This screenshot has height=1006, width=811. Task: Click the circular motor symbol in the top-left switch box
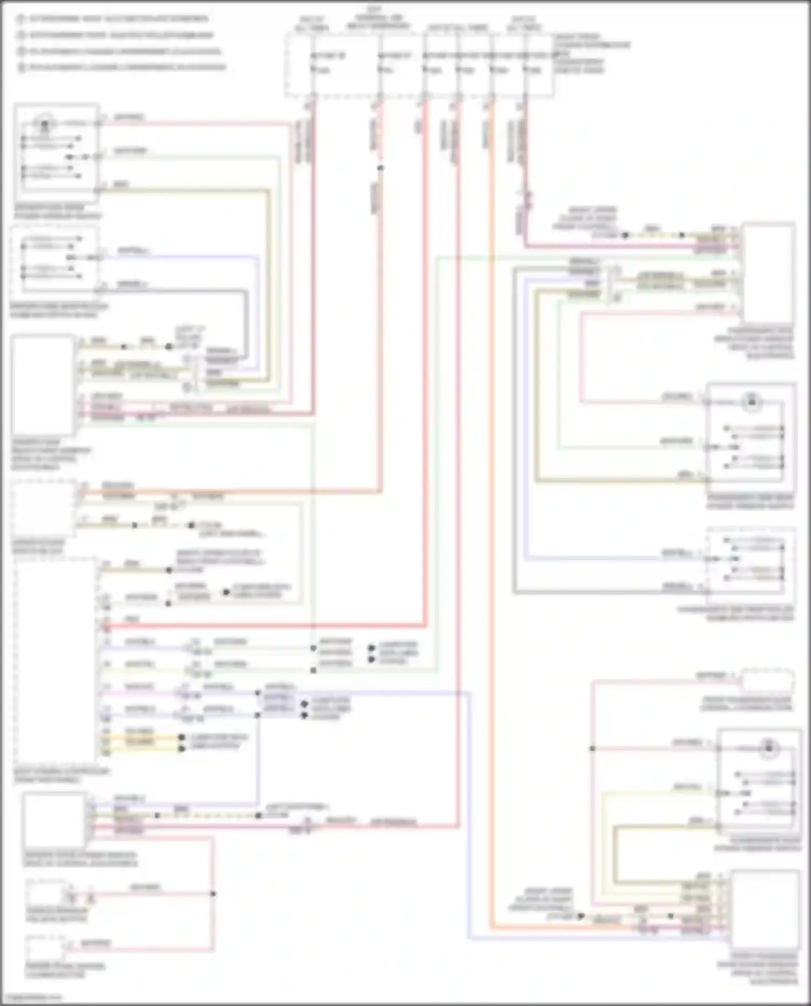(44, 124)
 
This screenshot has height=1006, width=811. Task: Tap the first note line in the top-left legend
(114, 19)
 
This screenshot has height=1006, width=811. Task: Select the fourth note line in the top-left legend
(122, 68)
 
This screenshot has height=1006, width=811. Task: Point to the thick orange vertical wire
(491, 487)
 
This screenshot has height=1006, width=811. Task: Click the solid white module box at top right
(768, 273)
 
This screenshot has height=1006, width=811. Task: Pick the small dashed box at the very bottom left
(46, 949)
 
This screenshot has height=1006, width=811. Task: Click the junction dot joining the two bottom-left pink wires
(213, 894)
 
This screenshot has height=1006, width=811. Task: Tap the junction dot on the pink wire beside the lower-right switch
(593, 749)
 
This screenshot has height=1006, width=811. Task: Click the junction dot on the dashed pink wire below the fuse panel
(381, 168)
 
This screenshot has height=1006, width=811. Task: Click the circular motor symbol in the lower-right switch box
(769, 749)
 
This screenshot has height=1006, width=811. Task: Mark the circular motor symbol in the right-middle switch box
(752, 402)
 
